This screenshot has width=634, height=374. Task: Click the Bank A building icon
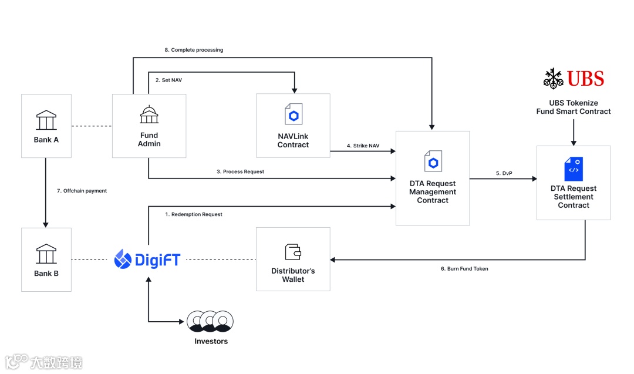46,120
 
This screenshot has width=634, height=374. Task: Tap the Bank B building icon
46,254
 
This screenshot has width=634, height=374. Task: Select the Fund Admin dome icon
149,114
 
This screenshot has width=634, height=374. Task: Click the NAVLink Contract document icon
294,114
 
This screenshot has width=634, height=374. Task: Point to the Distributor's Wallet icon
293,252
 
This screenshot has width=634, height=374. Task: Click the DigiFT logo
147,259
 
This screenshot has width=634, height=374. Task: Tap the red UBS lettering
585,79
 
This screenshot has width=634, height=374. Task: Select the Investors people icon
210,321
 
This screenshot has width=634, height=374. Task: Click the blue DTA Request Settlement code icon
574,169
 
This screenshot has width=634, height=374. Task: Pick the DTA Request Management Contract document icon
433,161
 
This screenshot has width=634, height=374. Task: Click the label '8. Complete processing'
194,50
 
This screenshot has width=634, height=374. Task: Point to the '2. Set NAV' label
168,80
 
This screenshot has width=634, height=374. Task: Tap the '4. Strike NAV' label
363,146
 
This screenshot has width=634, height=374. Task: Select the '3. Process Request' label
240,171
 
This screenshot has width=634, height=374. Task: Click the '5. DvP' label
504,173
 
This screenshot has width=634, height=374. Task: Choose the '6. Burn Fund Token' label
464,268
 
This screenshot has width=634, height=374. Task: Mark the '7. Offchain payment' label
82,191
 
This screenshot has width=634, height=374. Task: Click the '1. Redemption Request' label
193,214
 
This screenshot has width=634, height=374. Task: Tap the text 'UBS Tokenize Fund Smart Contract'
574,107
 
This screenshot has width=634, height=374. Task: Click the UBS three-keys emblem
553,79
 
